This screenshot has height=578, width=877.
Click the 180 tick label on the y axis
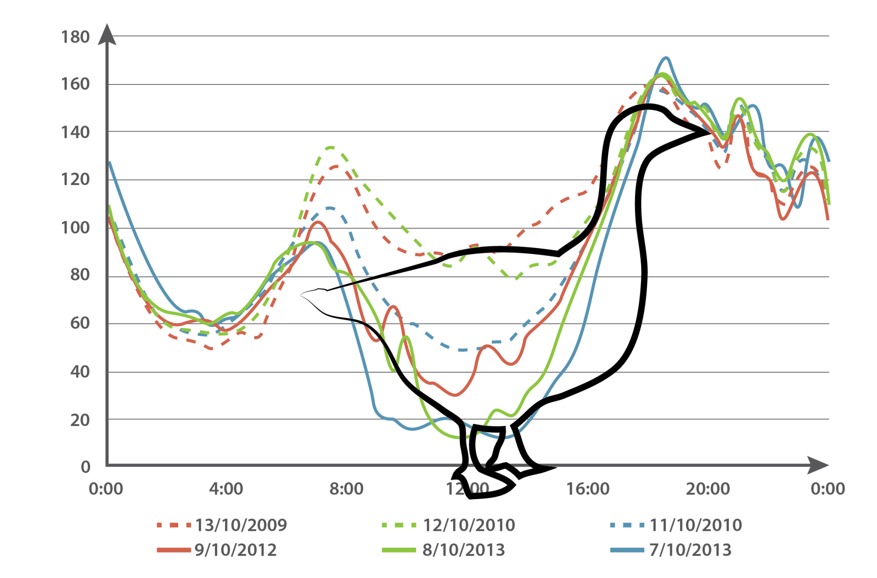[x=75, y=37]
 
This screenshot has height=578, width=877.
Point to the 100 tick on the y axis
[x=75, y=228]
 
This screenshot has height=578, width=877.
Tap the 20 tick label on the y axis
[x=80, y=420]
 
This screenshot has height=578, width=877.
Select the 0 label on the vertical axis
[x=86, y=467]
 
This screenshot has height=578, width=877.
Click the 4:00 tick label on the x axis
[x=226, y=488]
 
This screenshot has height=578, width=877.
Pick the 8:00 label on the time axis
[x=346, y=488]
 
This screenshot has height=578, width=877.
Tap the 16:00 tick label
[x=588, y=488]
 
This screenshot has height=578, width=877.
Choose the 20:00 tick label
[x=707, y=488]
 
